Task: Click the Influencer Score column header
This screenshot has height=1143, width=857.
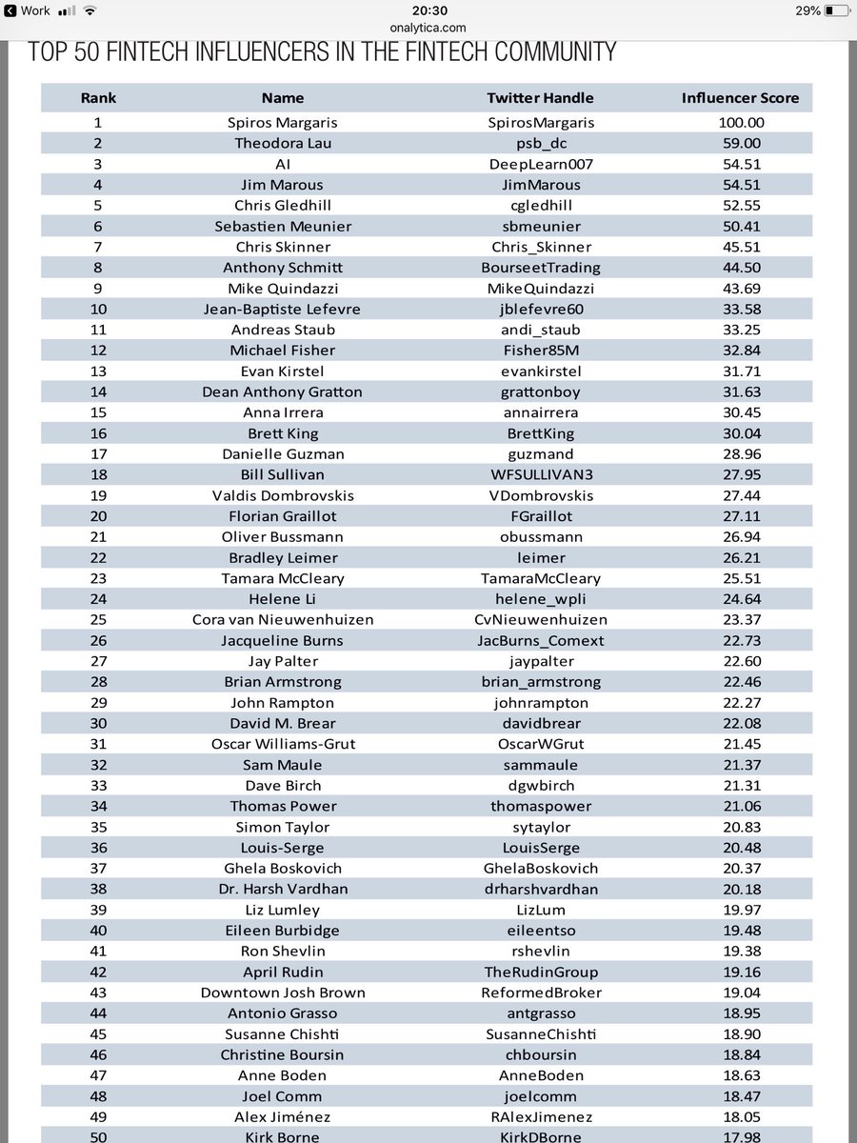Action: pos(740,97)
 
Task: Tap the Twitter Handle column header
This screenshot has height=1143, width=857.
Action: pos(539,97)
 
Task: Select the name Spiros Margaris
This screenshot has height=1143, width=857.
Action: pos(283,122)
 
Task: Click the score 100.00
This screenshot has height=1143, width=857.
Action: pos(741,122)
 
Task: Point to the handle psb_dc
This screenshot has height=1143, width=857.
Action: pos(539,143)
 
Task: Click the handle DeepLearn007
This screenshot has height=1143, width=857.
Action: pos(539,164)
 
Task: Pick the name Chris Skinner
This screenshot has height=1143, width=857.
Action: pos(283,247)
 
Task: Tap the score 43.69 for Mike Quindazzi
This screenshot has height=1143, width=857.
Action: pos(741,288)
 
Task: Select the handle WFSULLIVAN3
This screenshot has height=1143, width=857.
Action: pos(539,474)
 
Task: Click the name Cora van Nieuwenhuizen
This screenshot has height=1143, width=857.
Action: pos(283,619)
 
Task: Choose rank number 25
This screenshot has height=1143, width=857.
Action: pos(98,619)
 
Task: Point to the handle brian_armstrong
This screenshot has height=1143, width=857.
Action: pos(539,682)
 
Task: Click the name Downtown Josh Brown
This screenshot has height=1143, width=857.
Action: pos(283,993)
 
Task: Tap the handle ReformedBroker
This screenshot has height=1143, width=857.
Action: pos(539,993)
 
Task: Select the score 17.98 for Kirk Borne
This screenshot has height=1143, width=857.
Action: pos(741,1136)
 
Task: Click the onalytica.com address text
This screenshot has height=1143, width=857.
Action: pos(428,27)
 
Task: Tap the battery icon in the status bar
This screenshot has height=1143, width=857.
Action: pos(836,10)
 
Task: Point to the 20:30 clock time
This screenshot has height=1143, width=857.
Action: pos(428,10)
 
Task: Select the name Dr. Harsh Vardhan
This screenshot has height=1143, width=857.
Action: pos(283,889)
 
